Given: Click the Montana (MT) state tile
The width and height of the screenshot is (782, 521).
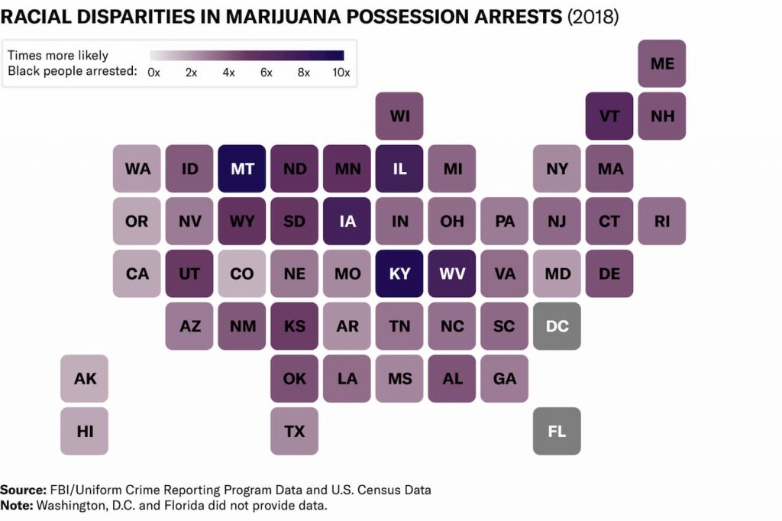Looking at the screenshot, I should [242, 169].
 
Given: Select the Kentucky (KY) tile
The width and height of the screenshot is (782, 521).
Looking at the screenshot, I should [399, 273].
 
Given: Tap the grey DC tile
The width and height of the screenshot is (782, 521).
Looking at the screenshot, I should [557, 326].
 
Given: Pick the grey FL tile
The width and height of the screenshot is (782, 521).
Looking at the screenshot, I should [557, 431].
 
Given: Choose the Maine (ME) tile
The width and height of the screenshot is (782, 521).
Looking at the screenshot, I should [662, 63].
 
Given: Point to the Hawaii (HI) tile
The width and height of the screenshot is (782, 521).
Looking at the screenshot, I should [85, 431].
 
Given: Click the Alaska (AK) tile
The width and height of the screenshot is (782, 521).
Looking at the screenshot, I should [85, 378].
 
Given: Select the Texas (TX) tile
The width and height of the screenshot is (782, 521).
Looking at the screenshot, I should [294, 431].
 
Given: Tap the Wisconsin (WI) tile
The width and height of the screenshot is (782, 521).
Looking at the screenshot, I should [399, 116].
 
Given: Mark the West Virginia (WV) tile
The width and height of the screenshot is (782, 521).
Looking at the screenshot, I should [452, 273].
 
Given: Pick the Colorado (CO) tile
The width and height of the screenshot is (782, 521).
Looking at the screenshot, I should [242, 273].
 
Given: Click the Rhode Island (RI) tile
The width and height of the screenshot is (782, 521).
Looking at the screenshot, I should [662, 222].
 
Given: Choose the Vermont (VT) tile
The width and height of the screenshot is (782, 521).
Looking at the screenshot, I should [609, 116].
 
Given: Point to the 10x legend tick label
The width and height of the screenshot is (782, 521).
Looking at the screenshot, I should [341, 73].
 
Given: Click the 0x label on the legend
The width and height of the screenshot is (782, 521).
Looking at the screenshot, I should [153, 73].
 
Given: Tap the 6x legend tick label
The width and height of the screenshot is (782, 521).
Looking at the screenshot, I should [266, 73].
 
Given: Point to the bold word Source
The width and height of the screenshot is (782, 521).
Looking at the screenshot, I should [23, 490].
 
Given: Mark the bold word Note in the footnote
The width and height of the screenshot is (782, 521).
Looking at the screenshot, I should [17, 505].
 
